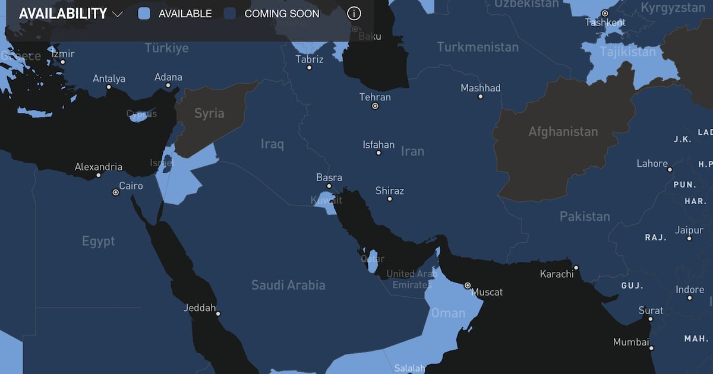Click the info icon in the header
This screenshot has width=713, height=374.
point(354,14)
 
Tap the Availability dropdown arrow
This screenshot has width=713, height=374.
point(117,14)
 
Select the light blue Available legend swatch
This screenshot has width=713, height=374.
point(144,14)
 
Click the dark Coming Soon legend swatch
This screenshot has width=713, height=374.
point(230,14)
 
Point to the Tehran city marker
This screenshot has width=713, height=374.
point(375,106)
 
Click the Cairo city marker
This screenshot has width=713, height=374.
point(116,192)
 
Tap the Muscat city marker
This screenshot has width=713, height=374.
point(468,286)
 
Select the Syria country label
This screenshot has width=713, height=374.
point(209,113)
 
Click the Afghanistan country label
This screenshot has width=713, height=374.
point(563,131)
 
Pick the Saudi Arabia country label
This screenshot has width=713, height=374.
point(288,285)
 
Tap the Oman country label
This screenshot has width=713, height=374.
point(448,312)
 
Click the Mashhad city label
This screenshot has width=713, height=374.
point(481,88)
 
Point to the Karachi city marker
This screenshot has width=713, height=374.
point(576,268)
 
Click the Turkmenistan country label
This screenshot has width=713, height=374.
point(478,47)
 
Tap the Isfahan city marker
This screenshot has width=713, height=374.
point(378,153)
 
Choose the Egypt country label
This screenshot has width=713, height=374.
point(98,241)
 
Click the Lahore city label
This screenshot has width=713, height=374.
point(652,163)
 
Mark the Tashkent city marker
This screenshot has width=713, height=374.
point(605,13)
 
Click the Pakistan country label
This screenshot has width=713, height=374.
point(585,216)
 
